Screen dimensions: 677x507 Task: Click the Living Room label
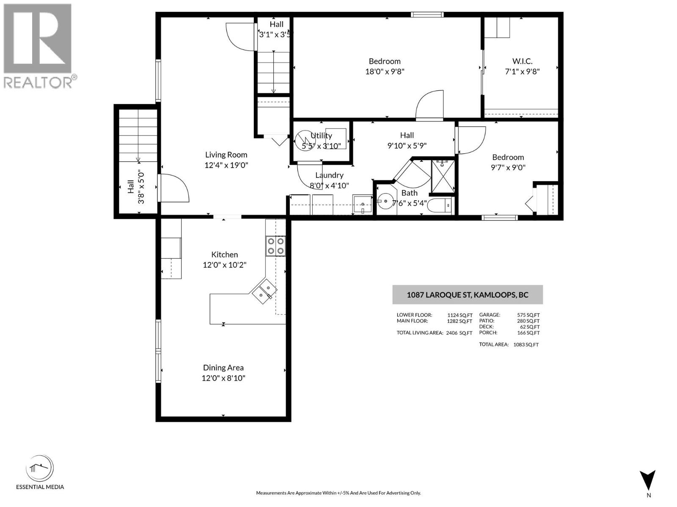(226, 155)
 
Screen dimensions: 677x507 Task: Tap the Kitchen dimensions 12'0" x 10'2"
(224, 265)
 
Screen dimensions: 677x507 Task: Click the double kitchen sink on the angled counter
(264, 291)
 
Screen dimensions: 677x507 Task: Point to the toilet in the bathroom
(440, 205)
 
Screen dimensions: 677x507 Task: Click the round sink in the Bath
(385, 201)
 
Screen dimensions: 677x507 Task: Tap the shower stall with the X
(443, 176)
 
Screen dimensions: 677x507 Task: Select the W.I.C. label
(522, 61)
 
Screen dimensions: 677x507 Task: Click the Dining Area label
(223, 368)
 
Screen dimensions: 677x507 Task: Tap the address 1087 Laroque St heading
(467, 294)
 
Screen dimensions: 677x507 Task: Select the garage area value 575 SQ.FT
(528, 315)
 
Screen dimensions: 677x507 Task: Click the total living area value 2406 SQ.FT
(459, 333)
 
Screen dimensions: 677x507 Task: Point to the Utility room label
(321, 136)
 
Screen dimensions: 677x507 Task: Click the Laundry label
(329, 175)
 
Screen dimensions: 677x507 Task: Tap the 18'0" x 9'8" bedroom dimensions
(385, 71)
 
